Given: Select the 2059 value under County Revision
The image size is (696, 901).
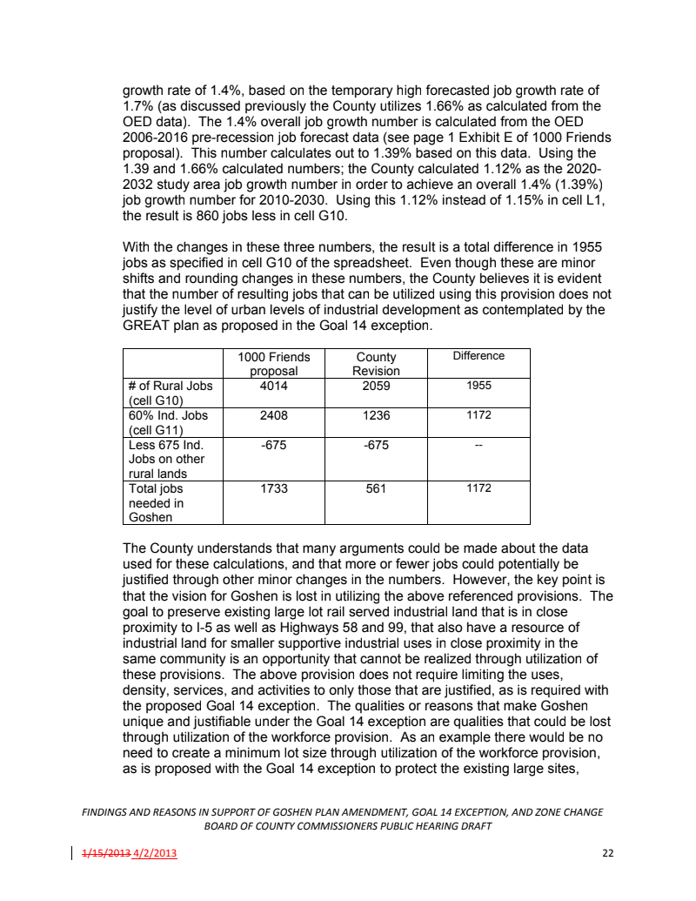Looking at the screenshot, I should point(376,386).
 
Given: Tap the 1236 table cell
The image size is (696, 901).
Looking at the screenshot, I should point(376,415).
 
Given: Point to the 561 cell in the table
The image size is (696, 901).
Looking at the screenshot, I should point(376,489).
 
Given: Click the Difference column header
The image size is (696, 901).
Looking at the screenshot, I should point(478,356).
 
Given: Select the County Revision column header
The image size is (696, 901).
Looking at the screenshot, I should point(376,364).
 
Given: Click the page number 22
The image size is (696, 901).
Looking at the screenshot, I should point(607,852).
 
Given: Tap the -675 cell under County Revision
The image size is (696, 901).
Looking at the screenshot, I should point(376,445).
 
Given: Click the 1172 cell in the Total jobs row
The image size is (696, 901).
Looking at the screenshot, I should point(478,489).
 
